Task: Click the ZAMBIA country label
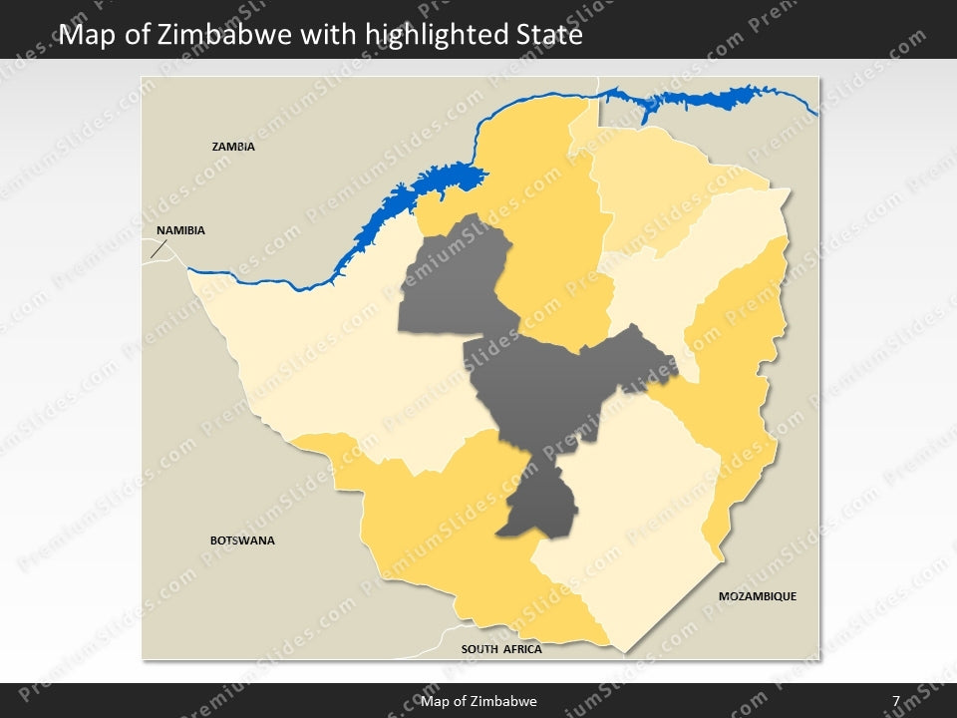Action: [233, 147]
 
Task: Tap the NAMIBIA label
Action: [180, 230]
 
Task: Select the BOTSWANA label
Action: [242, 540]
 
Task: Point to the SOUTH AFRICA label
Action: [501, 649]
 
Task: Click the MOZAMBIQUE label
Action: [758, 596]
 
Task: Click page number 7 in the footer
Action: [896, 701]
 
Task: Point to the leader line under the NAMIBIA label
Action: [158, 248]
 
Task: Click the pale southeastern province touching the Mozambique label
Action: [638, 529]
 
